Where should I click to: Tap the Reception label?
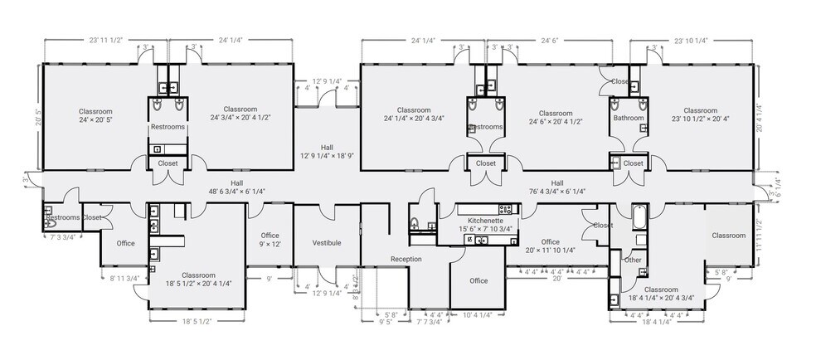pyautogui.click(x=406, y=260)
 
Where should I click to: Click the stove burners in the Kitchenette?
pyautogui.click(x=502, y=207)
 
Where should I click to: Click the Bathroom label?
pyautogui.click(x=629, y=118)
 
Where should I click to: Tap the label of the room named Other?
pyautogui.click(x=634, y=260)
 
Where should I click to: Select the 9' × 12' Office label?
pyautogui.click(x=270, y=240)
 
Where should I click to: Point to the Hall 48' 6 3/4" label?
pyautogui.click(x=237, y=187)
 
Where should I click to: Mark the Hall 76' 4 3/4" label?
pyautogui.click(x=556, y=187)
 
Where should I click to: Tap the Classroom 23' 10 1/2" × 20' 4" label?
pyautogui.click(x=700, y=114)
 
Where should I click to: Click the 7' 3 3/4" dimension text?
pyautogui.click(x=63, y=237)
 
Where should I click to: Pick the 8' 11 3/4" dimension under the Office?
pyautogui.click(x=124, y=279)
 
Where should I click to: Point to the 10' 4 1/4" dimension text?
pyautogui.click(x=478, y=315)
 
